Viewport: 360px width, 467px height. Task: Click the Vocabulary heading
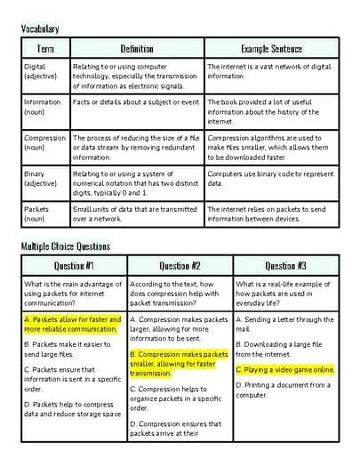point(40,29)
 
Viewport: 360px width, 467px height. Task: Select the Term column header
point(44,49)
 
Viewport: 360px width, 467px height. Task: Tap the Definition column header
point(137,49)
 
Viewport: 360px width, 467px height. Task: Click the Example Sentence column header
point(271,49)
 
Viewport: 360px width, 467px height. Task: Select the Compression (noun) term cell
point(44,143)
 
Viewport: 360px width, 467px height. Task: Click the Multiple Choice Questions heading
point(65,246)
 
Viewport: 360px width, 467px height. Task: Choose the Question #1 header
point(74,265)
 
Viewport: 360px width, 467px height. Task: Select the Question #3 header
point(285,265)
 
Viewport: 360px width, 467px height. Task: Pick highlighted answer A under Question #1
point(72,324)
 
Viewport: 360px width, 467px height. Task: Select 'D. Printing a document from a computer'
point(283,390)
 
